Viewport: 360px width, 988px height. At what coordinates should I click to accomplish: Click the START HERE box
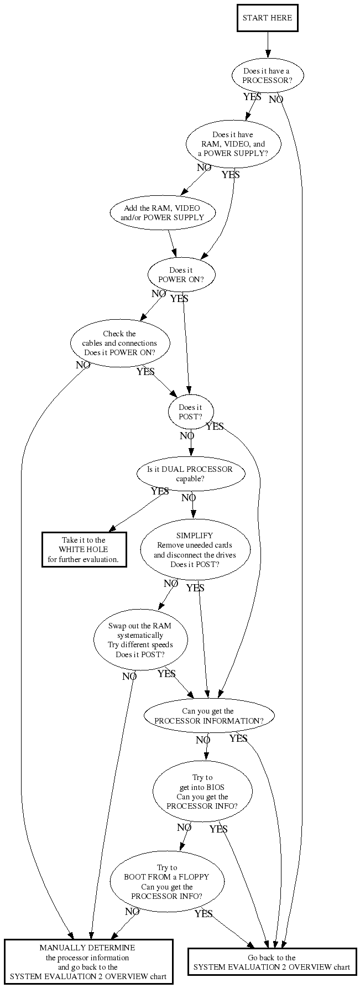coord(267,18)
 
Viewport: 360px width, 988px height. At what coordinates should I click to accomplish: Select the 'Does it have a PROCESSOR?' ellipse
coord(267,76)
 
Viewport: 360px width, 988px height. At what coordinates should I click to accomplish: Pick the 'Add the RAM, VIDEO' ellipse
coord(162,213)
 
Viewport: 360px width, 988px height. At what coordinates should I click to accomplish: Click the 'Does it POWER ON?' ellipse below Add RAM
coord(181,275)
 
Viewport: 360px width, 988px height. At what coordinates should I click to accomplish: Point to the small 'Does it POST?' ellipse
coord(190,412)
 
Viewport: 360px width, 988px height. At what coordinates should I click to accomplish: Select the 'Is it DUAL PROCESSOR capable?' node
coord(190,474)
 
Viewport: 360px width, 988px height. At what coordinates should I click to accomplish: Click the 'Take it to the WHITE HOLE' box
coord(84,550)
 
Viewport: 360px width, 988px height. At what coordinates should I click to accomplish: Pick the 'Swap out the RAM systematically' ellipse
coord(140,640)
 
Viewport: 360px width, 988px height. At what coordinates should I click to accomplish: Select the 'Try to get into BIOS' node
coord(202,792)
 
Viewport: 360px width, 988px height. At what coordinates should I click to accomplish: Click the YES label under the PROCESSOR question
coord(252,97)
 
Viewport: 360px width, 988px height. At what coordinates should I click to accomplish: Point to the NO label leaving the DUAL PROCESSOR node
coord(189,498)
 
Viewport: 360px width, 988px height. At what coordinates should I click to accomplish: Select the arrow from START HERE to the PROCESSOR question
coord(268,44)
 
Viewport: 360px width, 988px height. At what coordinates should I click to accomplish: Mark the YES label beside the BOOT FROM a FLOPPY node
coord(204,914)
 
